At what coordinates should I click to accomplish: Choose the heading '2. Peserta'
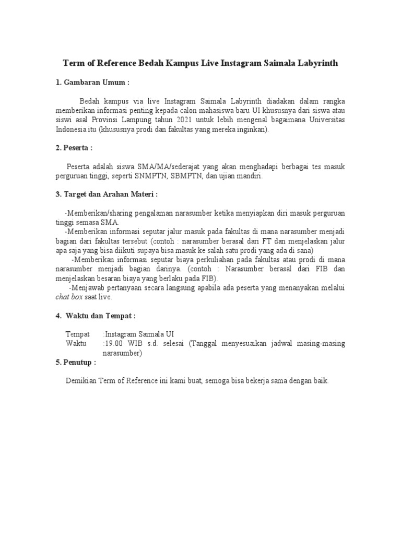click(x=74, y=148)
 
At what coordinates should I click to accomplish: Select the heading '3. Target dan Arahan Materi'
click(x=107, y=195)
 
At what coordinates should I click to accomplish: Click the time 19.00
click(x=113, y=344)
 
